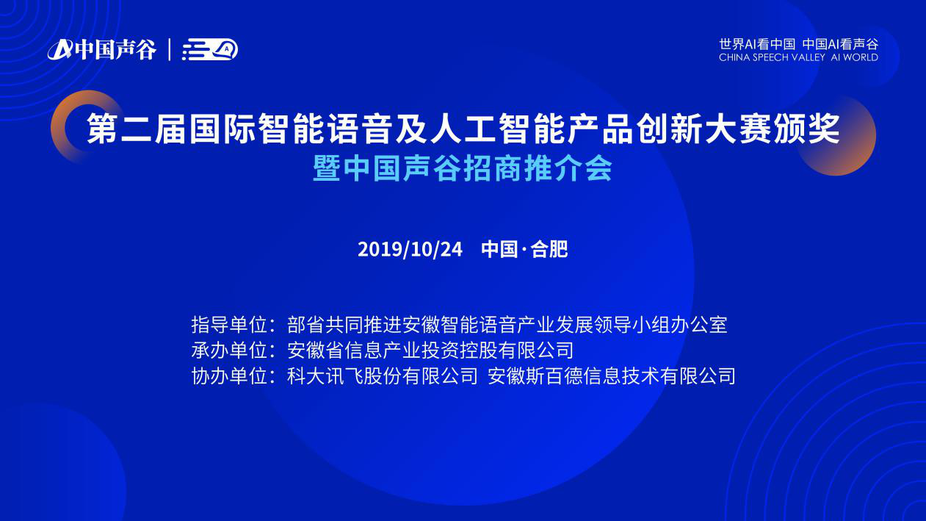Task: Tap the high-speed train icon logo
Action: [210, 49]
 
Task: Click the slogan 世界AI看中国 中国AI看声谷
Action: [798, 44]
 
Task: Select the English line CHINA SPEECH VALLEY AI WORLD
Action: [798, 57]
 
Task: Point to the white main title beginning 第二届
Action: [463, 129]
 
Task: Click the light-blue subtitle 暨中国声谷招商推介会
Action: [463, 168]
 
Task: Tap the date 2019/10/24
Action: [410, 249]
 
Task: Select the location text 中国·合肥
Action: [524, 249]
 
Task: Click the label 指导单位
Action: [229, 325]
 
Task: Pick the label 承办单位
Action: [229, 351]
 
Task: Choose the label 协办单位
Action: [229, 376]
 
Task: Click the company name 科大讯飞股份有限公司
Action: [383, 376]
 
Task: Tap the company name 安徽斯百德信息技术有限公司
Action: [612, 376]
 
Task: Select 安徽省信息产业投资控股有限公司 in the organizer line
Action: [430, 351]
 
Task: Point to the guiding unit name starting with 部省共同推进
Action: [507, 325]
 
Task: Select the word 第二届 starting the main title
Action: [136, 129]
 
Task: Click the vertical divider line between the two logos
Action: [170, 49]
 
